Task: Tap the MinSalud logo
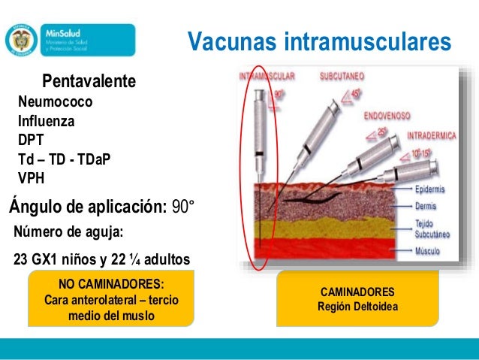click(71, 40)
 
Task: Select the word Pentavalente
click(89, 80)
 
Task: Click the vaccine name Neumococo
click(56, 101)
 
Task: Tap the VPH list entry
click(31, 178)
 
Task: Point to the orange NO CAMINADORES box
click(110, 300)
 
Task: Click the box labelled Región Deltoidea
click(357, 299)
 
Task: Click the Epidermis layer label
click(433, 191)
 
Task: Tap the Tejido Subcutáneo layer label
click(434, 229)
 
